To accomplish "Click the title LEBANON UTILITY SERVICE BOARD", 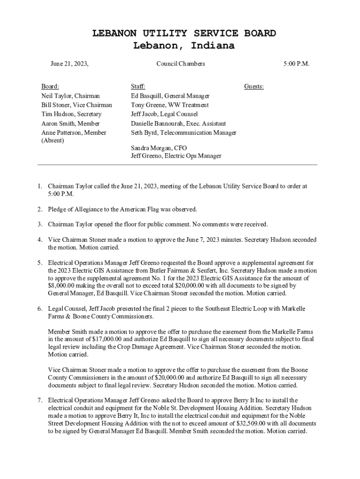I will point(184,33).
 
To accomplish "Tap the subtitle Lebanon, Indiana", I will point(184,46).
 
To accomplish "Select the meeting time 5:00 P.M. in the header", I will point(296,64).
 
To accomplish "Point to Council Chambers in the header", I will point(180,64).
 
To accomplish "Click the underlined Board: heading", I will point(50,87).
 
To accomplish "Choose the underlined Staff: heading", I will point(138,87).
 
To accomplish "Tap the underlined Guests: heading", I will point(254,87).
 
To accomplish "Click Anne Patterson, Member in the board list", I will point(74,133).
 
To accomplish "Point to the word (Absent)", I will point(52,140).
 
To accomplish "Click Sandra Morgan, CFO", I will point(159,148).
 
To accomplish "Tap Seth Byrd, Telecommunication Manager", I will point(183,133).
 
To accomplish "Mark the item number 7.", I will point(40,400).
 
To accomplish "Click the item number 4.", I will point(40,240).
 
